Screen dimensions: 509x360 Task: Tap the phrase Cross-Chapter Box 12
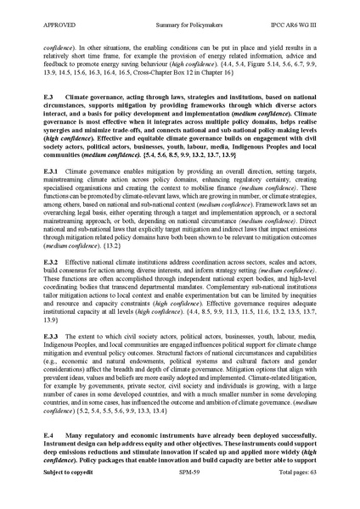pyautogui.click(x=194, y=76)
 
